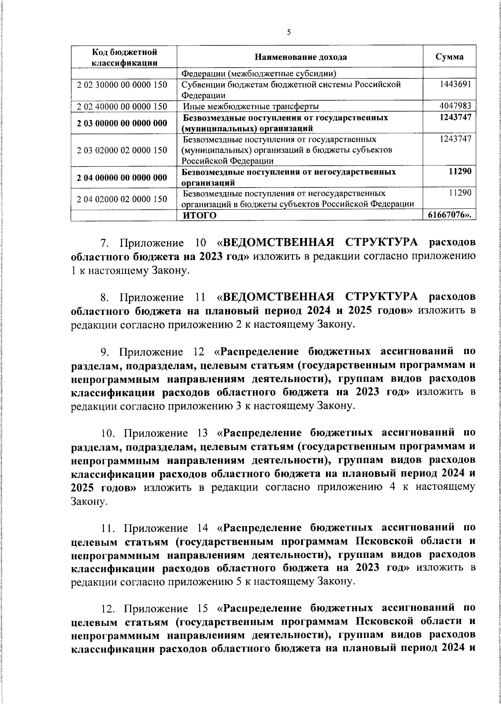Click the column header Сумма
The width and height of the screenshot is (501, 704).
pyautogui.click(x=449, y=57)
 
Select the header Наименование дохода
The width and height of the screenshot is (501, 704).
pyautogui.click(x=300, y=57)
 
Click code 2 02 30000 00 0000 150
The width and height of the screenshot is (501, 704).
pyautogui.click(x=122, y=85)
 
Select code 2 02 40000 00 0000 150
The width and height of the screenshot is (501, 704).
pyautogui.click(x=122, y=106)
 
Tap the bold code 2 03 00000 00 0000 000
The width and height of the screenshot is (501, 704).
pyautogui.click(x=122, y=123)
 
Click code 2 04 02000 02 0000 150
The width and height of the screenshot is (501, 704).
pyautogui.click(x=122, y=199)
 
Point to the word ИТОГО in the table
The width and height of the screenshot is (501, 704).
pyautogui.click(x=200, y=215)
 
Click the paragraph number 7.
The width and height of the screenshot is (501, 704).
pyautogui.click(x=106, y=243)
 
